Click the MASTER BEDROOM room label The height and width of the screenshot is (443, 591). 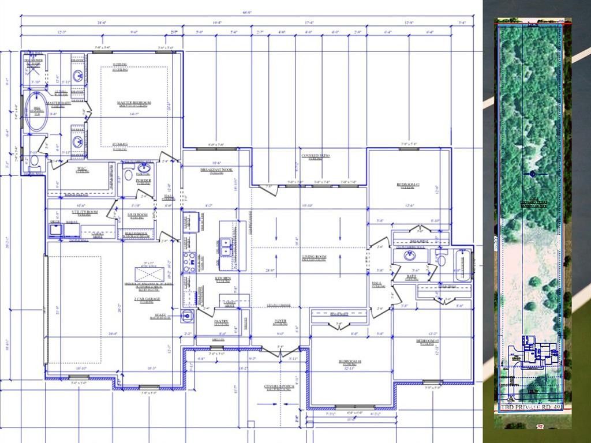(x=134, y=103)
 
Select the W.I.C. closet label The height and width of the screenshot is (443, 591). (x=82, y=169)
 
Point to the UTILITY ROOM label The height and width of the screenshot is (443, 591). (x=85, y=212)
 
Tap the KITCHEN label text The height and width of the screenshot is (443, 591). (x=223, y=279)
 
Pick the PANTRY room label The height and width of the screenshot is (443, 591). (x=222, y=322)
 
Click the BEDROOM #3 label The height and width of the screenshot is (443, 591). (x=428, y=341)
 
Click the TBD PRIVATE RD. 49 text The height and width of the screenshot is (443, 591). (x=530, y=407)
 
